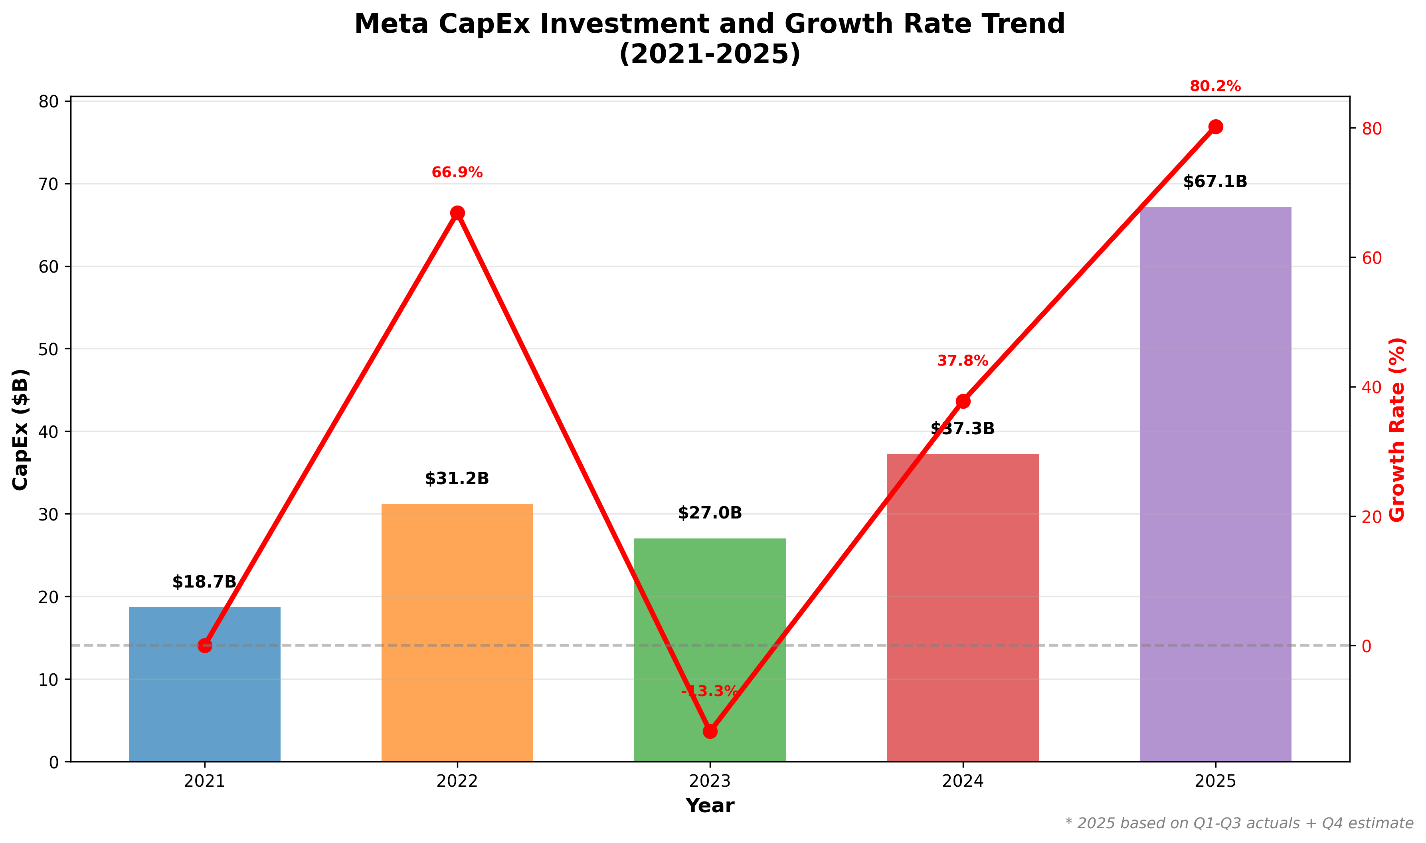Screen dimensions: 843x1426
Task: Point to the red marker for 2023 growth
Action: [x=710, y=731]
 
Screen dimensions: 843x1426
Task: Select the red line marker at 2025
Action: [x=1215, y=127]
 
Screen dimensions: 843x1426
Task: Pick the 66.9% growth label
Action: [x=457, y=173]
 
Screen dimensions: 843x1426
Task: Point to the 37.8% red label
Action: [x=963, y=361]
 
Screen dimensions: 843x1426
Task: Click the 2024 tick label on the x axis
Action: [x=963, y=782]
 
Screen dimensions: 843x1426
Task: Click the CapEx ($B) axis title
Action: [x=20, y=429]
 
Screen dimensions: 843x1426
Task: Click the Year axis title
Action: [x=710, y=806]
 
